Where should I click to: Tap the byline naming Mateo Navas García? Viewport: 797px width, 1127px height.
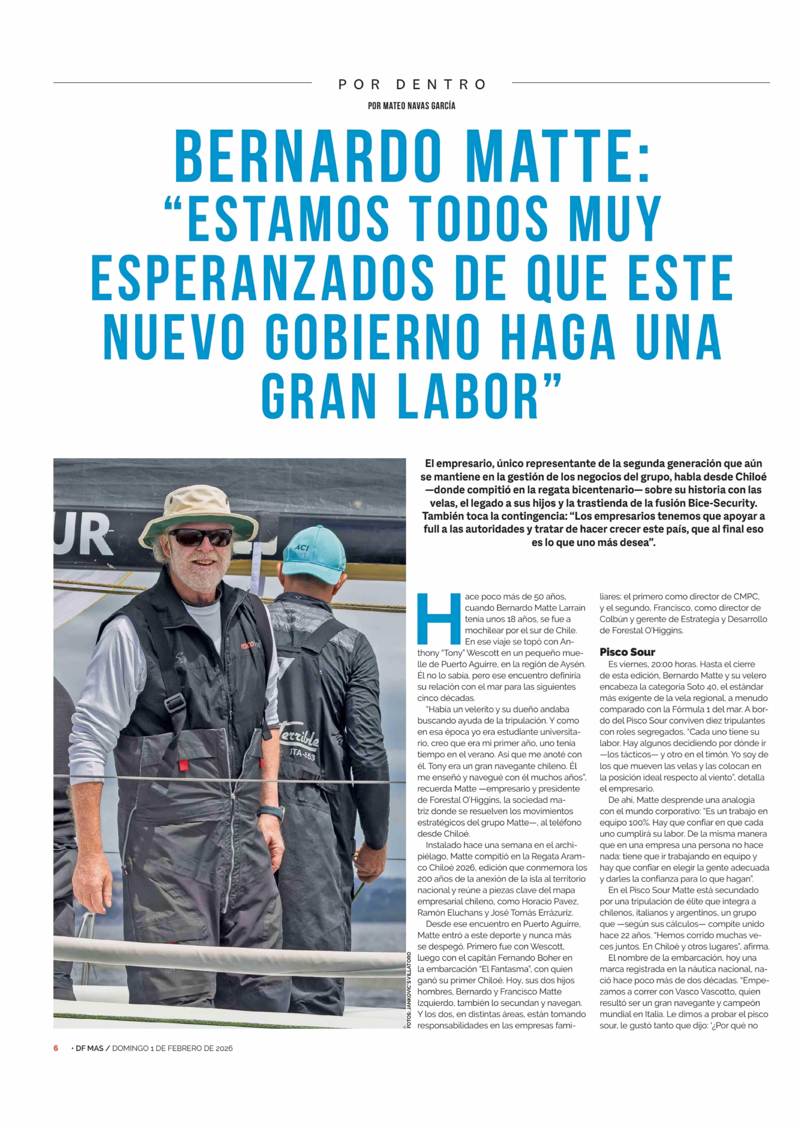(411, 106)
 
